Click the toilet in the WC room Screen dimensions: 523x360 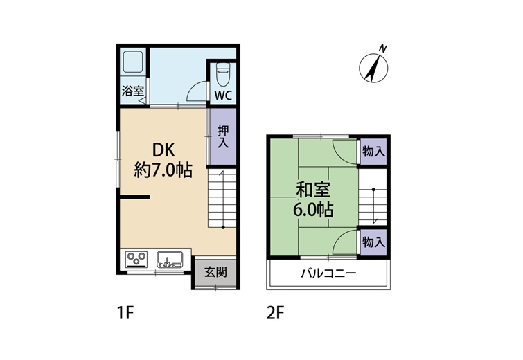222,74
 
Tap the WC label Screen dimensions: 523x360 223,96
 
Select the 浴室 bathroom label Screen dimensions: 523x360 132,91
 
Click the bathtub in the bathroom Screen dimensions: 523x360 133,62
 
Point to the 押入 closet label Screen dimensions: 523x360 223,137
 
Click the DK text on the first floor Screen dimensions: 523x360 163,150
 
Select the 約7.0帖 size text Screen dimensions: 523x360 163,170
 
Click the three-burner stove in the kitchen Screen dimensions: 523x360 136,259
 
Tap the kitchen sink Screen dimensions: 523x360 170,259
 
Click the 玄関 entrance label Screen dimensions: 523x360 215,272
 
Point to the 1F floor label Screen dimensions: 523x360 125,313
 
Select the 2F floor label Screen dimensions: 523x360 275,313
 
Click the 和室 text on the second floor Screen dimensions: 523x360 313,190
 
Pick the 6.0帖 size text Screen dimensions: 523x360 313,210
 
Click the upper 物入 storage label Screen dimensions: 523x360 373,152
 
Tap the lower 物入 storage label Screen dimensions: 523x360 373,242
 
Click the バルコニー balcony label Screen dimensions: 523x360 329,274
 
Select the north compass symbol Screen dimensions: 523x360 373,69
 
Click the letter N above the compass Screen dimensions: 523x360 383,48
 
